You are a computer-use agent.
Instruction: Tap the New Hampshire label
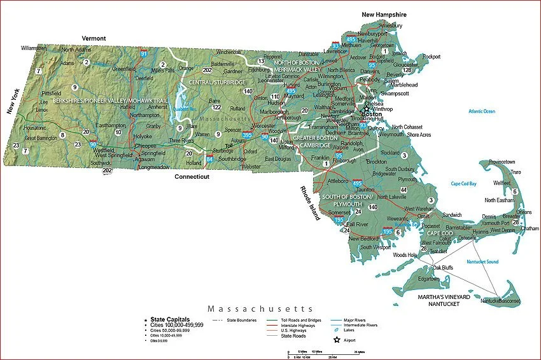[x=384, y=14]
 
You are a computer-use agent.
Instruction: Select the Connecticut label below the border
[x=192, y=177]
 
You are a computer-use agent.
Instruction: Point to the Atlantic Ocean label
[x=481, y=111]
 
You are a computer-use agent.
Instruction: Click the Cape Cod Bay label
[x=463, y=183]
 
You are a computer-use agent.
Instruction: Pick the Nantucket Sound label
[x=482, y=261]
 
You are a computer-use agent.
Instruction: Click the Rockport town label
[x=432, y=57]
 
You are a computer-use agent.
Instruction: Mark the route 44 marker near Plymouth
[x=403, y=190]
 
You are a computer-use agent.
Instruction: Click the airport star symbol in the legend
[x=337, y=340]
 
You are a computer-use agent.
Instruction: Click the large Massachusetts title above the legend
[x=260, y=308]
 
